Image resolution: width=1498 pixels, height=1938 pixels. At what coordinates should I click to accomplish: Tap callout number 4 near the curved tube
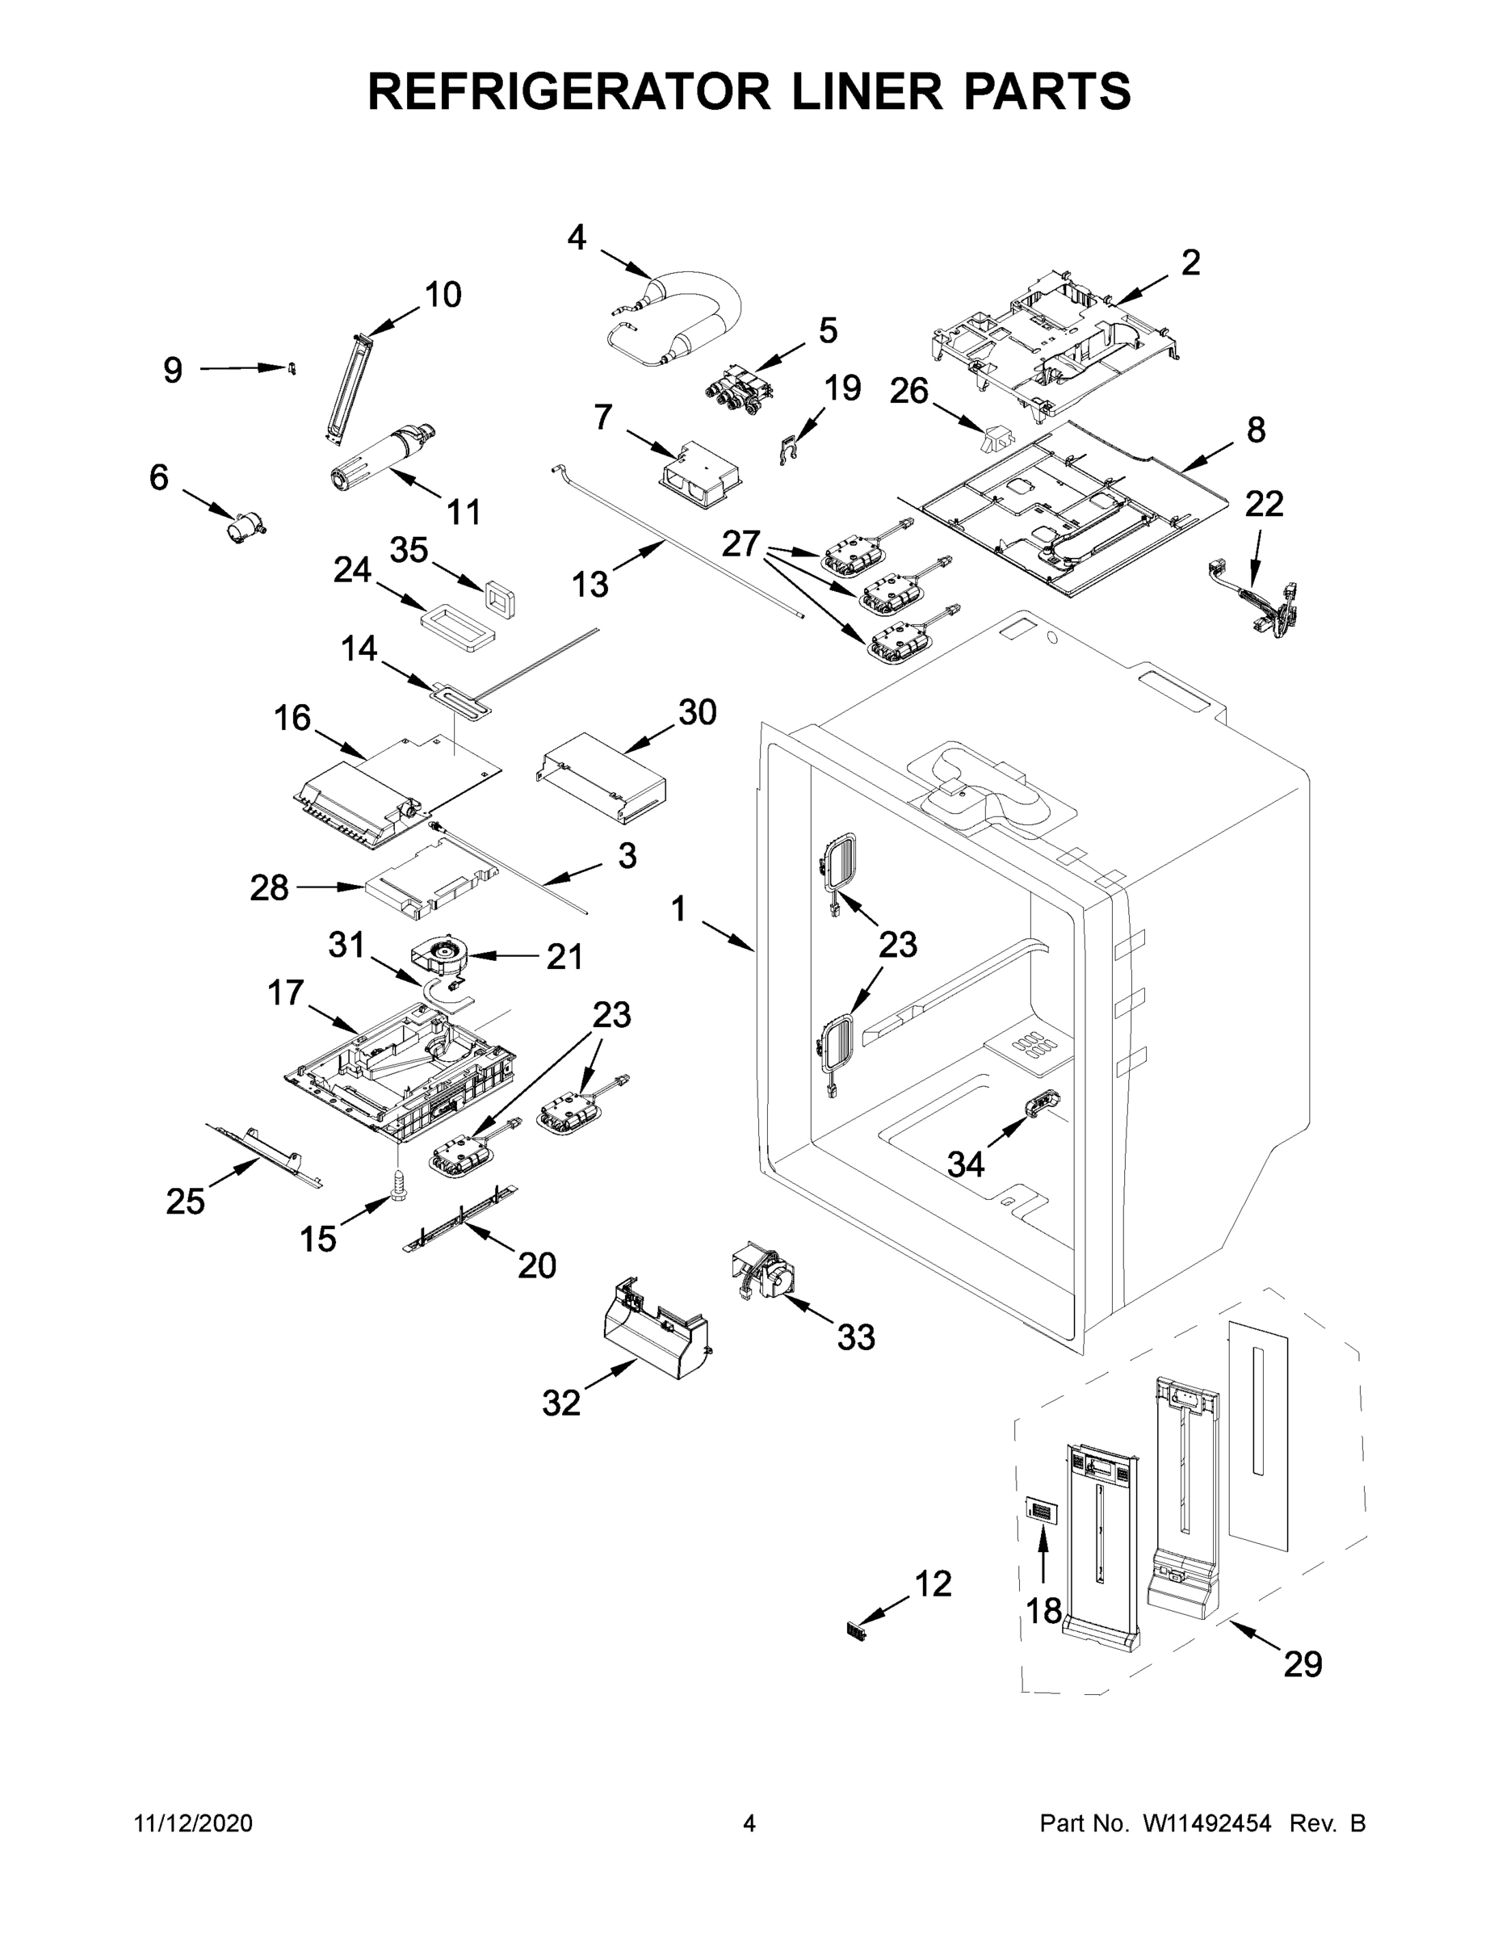click(577, 238)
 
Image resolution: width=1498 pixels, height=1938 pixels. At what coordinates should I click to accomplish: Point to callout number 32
click(561, 1403)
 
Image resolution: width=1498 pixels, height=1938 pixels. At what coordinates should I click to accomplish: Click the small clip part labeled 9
click(290, 367)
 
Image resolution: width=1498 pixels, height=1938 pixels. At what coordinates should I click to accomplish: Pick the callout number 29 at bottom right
click(1302, 1663)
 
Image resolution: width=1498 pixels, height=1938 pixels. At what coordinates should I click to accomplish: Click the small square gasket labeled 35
click(501, 598)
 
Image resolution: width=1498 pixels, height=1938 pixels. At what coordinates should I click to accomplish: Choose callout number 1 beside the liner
click(679, 908)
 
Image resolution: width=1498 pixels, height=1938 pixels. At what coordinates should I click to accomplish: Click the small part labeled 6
click(244, 529)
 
